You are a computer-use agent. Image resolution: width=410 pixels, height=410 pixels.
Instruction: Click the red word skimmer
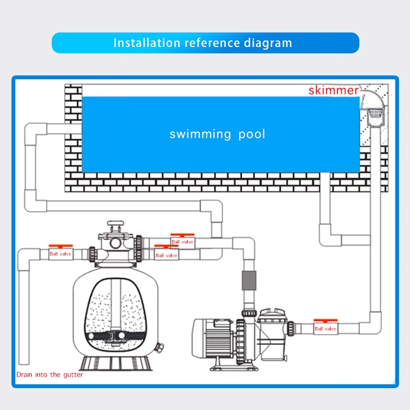(333, 90)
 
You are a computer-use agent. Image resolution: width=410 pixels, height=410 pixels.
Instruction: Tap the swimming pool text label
(217, 134)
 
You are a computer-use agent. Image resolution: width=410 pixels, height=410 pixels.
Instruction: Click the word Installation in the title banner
(147, 43)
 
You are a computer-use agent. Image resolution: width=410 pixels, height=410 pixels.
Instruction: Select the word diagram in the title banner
(268, 43)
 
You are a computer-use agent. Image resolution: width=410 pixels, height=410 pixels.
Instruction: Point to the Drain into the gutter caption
(49, 374)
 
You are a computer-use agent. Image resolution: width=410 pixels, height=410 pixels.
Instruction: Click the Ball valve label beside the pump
(326, 329)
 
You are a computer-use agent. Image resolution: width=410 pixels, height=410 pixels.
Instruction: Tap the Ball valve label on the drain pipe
(60, 254)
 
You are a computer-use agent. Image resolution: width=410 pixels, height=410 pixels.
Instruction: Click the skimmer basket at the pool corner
(375, 114)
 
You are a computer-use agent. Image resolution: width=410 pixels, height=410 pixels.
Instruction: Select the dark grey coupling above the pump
(249, 280)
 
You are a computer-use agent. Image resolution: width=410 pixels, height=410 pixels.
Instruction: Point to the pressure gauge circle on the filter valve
(115, 243)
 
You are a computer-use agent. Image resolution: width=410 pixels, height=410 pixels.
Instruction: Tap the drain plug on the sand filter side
(159, 348)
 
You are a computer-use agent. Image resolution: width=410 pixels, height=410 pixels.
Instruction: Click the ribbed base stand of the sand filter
(116, 364)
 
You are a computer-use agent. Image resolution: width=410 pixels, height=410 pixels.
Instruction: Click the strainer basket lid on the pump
(272, 314)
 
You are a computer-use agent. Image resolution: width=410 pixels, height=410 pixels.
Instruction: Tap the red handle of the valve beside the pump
(326, 320)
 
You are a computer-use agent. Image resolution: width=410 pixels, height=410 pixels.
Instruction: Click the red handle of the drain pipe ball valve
(61, 246)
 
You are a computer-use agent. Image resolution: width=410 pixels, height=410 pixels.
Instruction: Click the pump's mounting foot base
(235, 367)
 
